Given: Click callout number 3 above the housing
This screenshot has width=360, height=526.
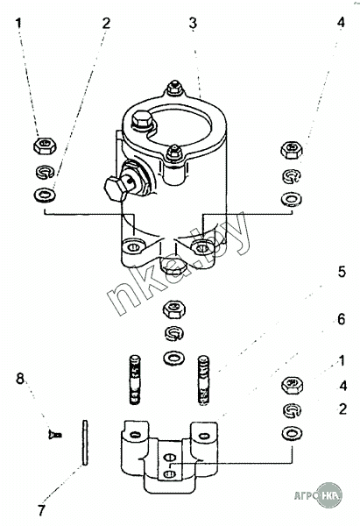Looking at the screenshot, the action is click(193, 24).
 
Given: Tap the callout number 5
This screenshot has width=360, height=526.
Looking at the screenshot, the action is click(342, 272).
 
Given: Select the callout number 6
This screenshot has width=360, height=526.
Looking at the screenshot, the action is click(342, 319).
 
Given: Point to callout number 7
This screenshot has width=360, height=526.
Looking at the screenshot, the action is click(41, 510).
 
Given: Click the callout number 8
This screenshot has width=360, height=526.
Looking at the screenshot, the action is click(20, 379).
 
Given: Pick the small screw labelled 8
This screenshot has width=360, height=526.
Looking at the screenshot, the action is click(55, 435).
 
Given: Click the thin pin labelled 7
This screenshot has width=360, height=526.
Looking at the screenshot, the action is click(85, 443).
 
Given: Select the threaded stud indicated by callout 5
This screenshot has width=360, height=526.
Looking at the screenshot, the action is click(203, 380).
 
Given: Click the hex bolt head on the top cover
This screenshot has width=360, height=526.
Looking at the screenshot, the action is click(142, 121).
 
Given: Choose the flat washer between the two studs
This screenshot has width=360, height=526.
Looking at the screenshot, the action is click(173, 358).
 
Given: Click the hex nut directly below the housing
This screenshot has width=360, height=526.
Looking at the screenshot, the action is click(174, 309).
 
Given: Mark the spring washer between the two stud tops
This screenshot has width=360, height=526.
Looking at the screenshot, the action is click(174, 333).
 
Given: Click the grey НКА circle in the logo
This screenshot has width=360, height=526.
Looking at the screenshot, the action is click(329, 494).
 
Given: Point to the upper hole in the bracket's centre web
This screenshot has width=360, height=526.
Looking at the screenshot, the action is click(170, 458).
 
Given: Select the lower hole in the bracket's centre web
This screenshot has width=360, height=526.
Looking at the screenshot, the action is click(170, 473).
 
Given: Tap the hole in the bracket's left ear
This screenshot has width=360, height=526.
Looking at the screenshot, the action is click(135, 435).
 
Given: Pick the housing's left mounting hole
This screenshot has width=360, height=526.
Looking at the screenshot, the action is click(134, 247).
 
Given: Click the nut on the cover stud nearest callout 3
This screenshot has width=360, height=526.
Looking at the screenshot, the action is click(174, 88).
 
